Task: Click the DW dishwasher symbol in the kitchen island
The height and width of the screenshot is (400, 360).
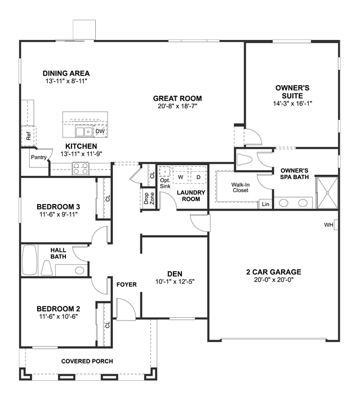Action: coord(100,131)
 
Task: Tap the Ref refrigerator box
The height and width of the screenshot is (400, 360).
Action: coord(29,136)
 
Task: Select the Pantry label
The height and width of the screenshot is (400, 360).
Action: coord(39,157)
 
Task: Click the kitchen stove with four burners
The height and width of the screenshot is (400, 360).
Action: coord(81,168)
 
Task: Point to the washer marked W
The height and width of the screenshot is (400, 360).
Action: coord(181,177)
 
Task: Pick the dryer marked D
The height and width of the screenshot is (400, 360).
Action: coord(198,177)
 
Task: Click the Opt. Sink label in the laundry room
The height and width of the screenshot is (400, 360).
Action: coord(165,183)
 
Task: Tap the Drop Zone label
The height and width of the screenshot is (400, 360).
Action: coord(149,198)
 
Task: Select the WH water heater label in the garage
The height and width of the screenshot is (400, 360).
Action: coord(328,225)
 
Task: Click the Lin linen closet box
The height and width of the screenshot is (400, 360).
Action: coord(265,204)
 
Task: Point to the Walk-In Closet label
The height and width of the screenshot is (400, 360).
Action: coord(241,188)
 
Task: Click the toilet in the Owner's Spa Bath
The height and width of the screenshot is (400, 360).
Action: coord(244,160)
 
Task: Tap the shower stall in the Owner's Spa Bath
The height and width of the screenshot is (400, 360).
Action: coord(327,193)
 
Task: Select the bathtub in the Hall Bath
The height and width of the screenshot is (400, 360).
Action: coord(30,260)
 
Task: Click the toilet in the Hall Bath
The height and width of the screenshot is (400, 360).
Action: coord(47,268)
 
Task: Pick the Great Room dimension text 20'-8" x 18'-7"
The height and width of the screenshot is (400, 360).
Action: coord(177,106)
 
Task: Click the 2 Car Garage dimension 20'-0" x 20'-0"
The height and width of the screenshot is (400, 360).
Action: coord(274,279)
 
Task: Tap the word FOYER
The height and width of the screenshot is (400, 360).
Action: coord(127,285)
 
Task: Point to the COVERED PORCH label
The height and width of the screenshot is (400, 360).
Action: coord(87,361)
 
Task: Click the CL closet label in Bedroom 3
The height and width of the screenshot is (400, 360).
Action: coord(108,198)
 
